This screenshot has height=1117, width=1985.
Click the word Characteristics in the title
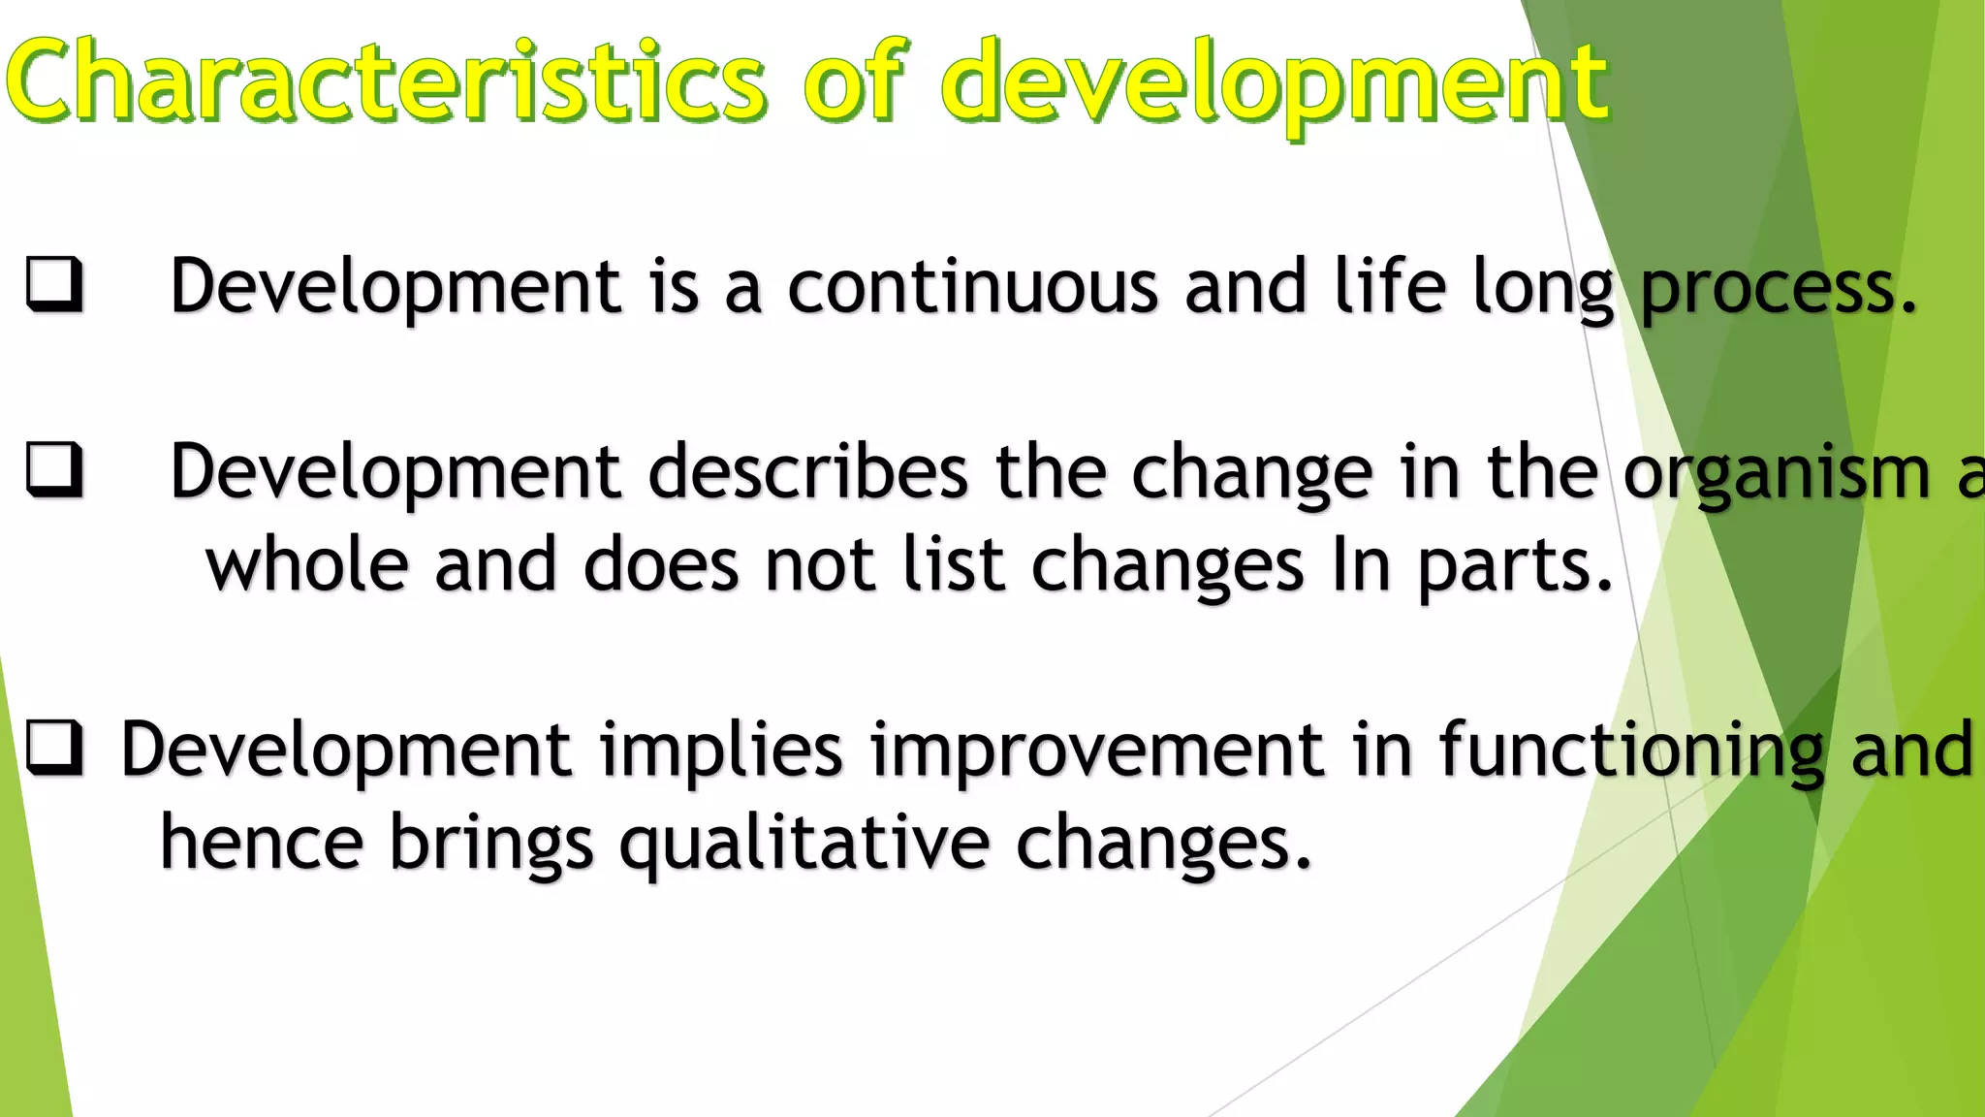[x=388, y=81]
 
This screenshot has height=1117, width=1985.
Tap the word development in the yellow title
[x=1275, y=83]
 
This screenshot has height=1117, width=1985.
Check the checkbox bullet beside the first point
[x=53, y=285]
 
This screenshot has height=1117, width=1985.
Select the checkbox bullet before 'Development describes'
[x=53, y=470]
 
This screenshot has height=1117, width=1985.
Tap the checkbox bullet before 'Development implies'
[x=53, y=750]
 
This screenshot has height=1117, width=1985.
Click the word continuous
[x=972, y=287]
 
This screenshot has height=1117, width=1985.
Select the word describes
[x=807, y=471]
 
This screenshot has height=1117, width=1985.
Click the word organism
[x=1777, y=473]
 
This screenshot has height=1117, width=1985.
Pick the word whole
[x=306, y=564]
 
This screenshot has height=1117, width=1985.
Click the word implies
[x=721, y=750]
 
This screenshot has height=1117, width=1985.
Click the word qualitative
[x=804, y=844]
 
